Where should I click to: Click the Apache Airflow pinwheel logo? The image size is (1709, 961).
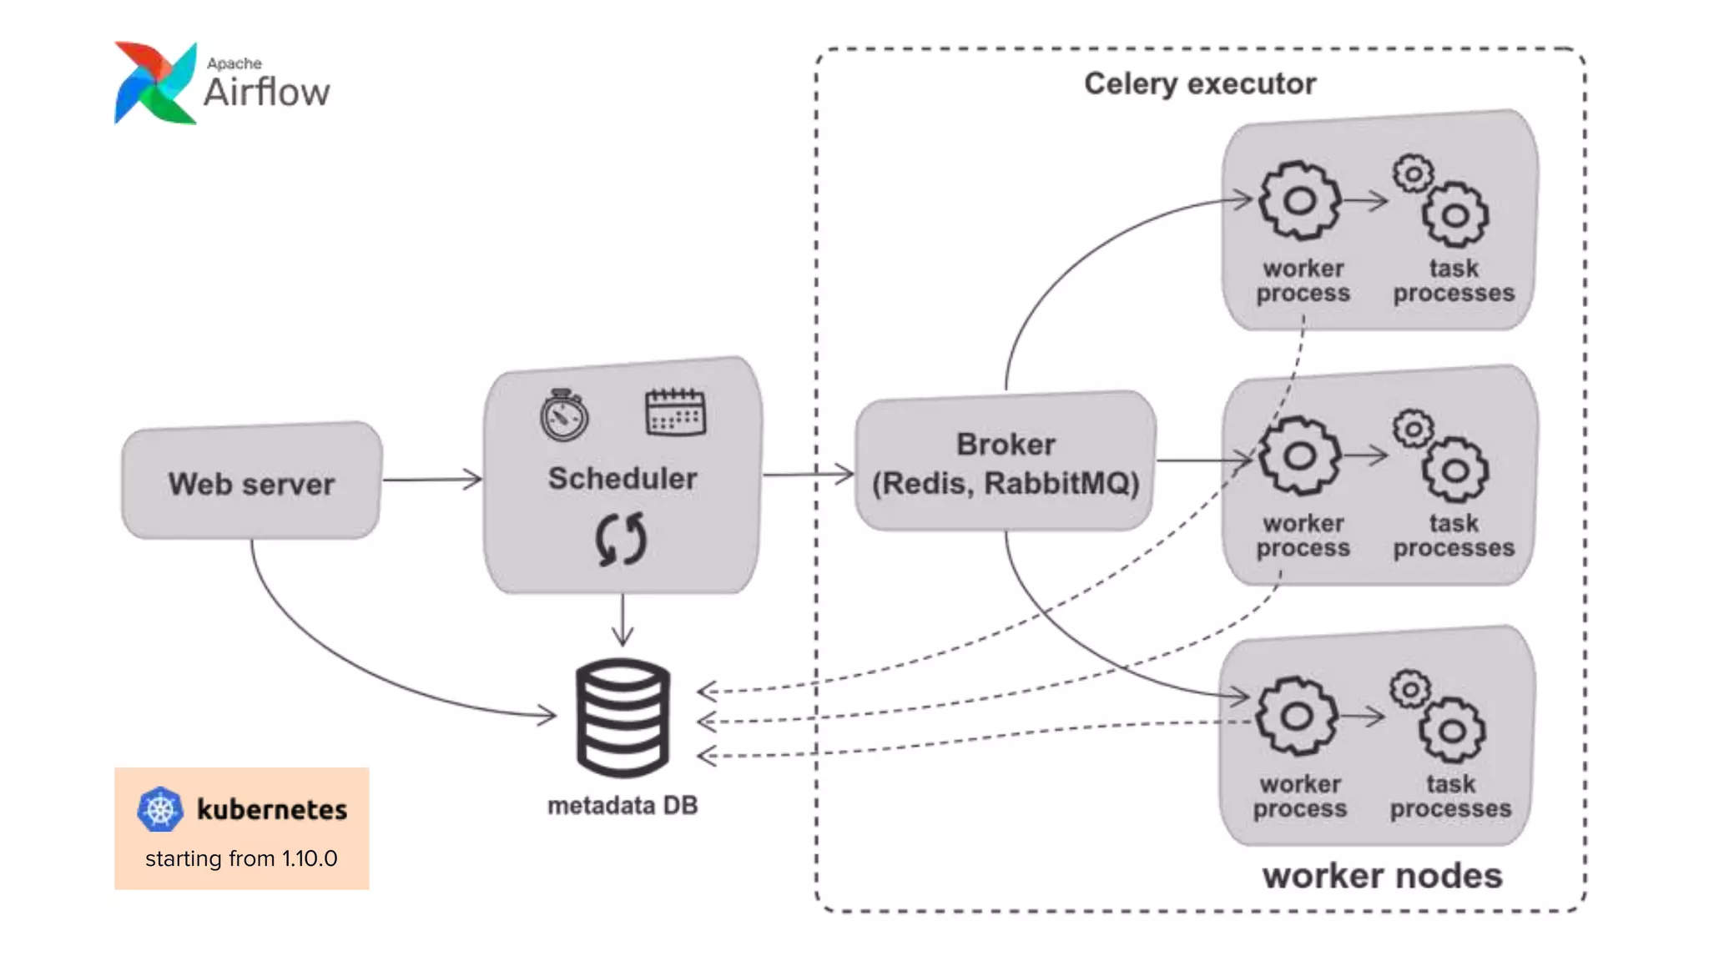(x=155, y=83)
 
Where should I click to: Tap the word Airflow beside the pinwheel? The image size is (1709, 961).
(x=267, y=92)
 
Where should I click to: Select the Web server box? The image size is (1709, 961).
(x=251, y=482)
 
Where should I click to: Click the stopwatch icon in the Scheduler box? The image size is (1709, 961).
(x=564, y=415)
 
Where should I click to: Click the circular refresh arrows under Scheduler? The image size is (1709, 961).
(x=621, y=539)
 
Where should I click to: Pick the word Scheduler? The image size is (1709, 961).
(x=623, y=479)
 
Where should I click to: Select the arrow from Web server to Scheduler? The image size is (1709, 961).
(x=432, y=479)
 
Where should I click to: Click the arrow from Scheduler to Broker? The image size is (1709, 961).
(x=808, y=474)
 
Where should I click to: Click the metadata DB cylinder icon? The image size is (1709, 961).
(x=623, y=717)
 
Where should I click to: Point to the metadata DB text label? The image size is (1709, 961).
(x=623, y=805)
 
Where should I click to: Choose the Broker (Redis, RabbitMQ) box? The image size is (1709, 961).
(x=1006, y=462)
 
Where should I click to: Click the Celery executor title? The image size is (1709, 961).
(x=1200, y=83)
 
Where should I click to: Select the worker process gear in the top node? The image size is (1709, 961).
(x=1299, y=201)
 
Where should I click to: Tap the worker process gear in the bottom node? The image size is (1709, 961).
(x=1297, y=716)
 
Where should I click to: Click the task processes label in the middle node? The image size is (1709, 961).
(x=1454, y=536)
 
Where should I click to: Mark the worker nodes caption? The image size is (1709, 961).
(x=1382, y=876)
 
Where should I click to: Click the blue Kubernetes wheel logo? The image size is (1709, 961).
(x=160, y=809)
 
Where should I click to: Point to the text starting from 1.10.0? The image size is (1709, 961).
(x=241, y=858)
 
